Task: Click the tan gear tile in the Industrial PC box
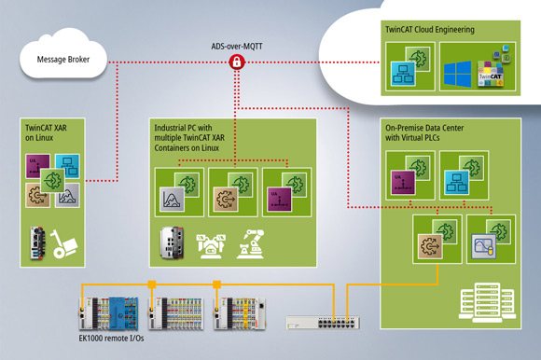point(229,197)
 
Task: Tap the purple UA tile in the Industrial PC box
point(282,197)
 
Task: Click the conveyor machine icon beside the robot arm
point(210,245)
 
